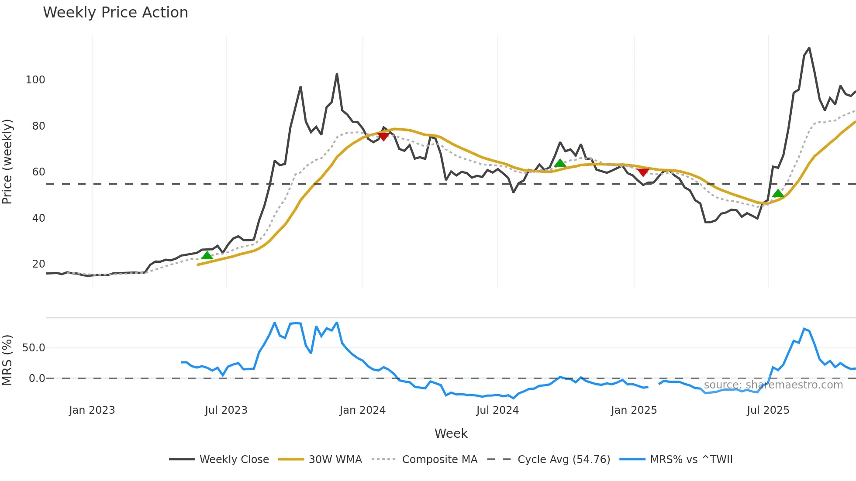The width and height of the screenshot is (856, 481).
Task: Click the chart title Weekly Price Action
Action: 115,13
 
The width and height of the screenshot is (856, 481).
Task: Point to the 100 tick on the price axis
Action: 35,80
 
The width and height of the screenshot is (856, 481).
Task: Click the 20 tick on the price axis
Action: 38,264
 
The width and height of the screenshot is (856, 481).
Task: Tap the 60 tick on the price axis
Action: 38,172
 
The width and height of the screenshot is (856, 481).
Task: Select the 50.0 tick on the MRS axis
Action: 34,348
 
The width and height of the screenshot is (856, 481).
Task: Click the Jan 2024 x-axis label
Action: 362,410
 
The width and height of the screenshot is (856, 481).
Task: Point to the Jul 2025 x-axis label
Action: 768,410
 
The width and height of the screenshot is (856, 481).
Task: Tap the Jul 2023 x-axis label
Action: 226,410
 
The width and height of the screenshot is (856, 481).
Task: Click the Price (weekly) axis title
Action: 7,161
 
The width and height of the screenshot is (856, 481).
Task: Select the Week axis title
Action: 451,433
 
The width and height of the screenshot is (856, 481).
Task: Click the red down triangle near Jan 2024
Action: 383,137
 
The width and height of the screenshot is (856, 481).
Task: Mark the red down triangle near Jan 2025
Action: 643,172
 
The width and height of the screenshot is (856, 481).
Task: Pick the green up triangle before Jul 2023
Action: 207,255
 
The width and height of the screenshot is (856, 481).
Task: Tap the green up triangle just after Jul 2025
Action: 778,193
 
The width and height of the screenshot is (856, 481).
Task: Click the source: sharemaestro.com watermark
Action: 773,385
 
